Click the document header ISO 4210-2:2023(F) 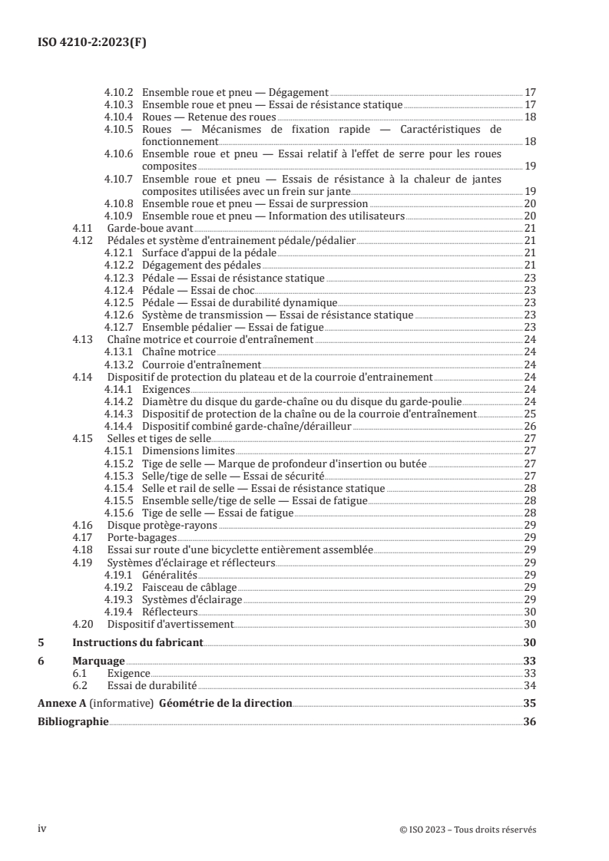[92, 43]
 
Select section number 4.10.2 [120, 91]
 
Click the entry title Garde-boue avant [149, 229]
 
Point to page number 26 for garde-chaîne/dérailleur [529, 426]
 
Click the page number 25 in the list [529, 413]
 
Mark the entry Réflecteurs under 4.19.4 [170, 612]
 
